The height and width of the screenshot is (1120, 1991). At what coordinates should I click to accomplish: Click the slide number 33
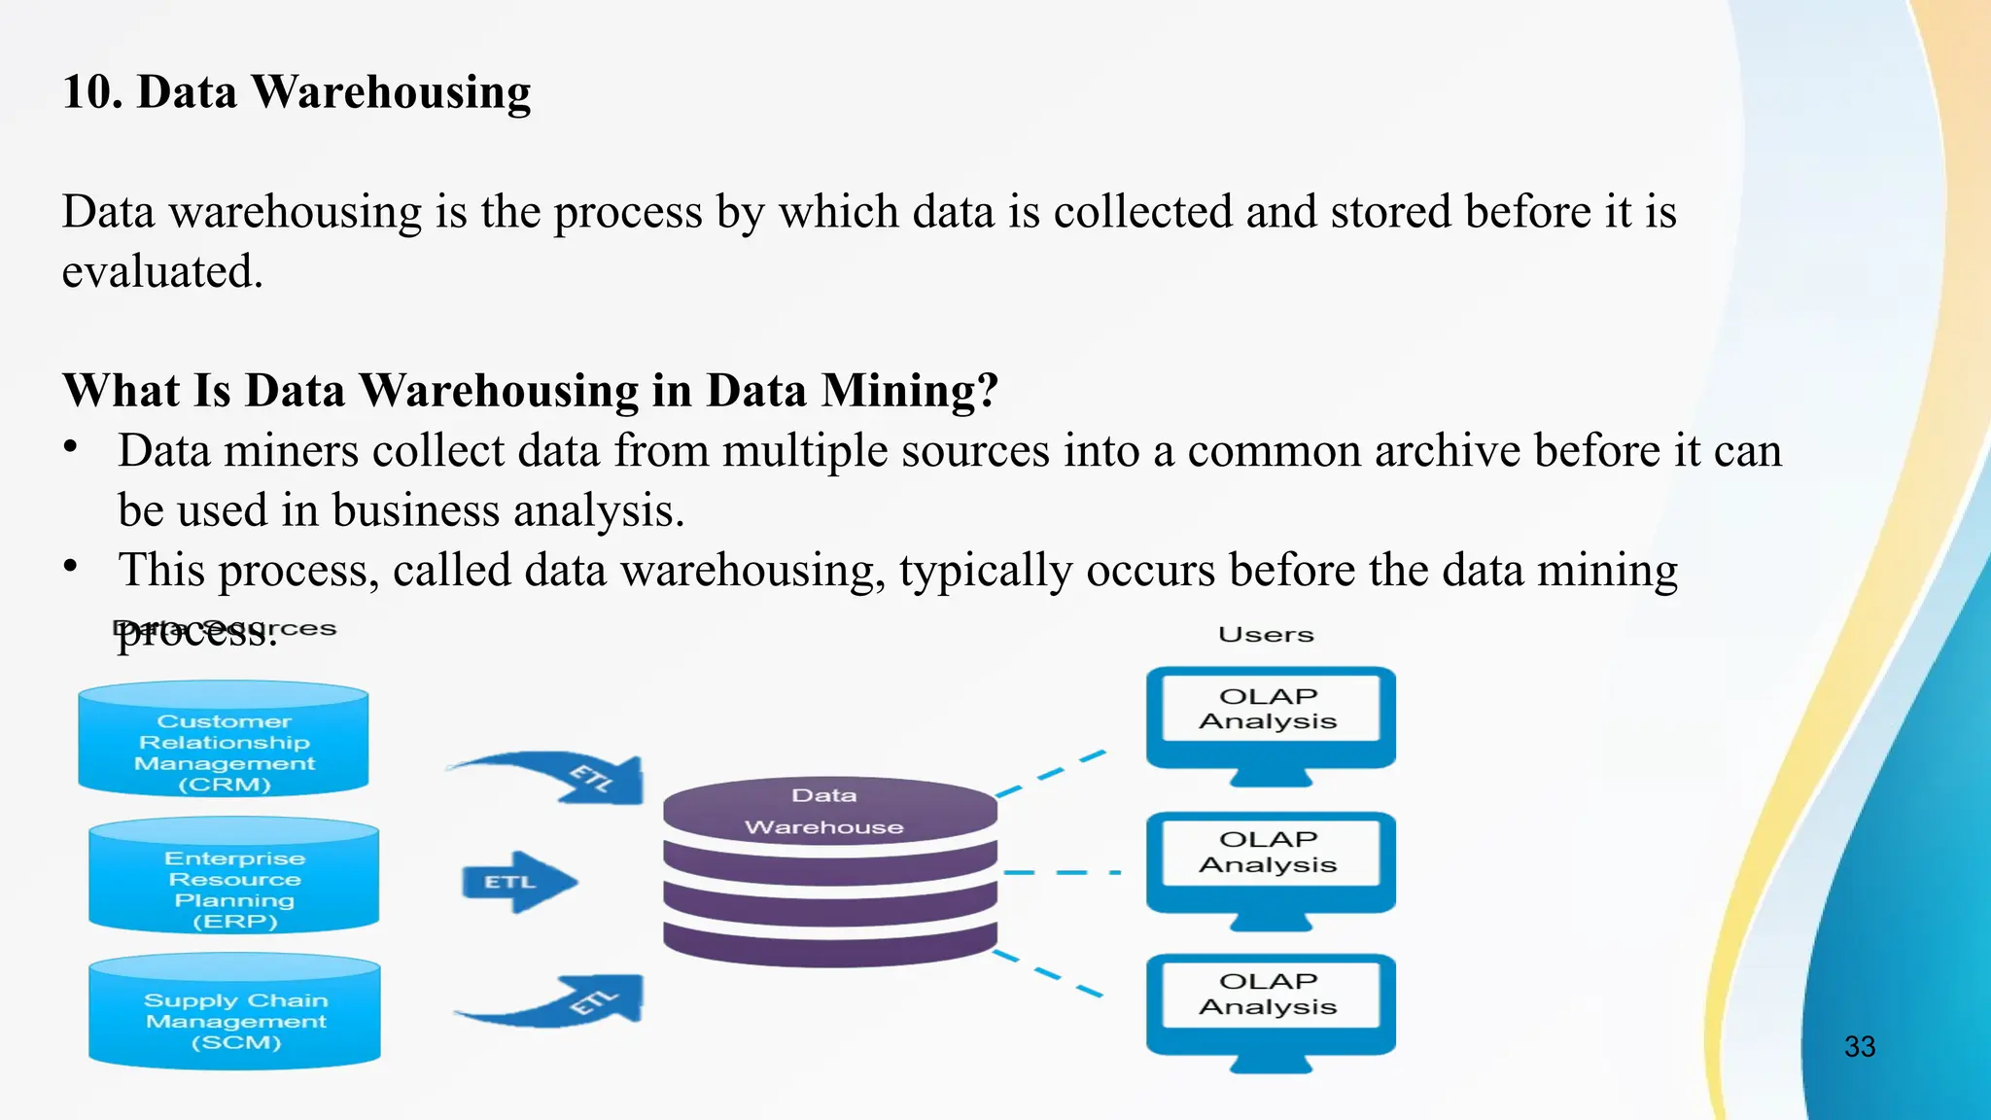pyautogui.click(x=1859, y=1046)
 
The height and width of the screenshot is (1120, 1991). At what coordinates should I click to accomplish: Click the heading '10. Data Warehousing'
pyautogui.click(x=297, y=92)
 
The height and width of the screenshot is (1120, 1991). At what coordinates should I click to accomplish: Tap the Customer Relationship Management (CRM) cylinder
pyautogui.click(x=224, y=741)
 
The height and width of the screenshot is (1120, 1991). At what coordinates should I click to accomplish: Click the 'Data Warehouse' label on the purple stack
pyautogui.click(x=824, y=811)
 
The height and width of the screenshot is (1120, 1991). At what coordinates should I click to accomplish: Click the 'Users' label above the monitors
pyautogui.click(x=1266, y=635)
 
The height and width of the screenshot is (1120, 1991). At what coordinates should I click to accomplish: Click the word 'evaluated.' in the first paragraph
pyautogui.click(x=162, y=271)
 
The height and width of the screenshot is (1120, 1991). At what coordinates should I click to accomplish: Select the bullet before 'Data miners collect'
pyautogui.click(x=70, y=447)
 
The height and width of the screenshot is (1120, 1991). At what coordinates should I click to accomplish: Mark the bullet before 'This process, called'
pyautogui.click(x=70, y=566)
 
